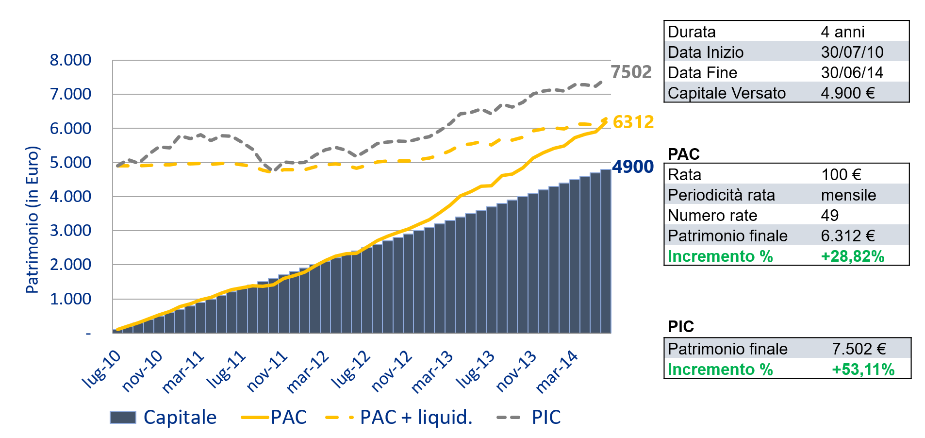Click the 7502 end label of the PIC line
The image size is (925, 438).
coord(631,72)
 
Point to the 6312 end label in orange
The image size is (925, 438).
coord(633,122)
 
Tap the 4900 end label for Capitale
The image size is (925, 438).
coord(633,167)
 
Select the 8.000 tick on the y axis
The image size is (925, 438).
coord(70,60)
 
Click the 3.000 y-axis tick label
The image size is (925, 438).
coord(70,231)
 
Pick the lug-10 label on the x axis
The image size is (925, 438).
coord(101,369)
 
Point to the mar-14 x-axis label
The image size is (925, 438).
coord(557,371)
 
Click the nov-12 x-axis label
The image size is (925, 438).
coord(391,371)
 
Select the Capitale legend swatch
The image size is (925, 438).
coord(123,417)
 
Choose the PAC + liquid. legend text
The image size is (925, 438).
coord(416,417)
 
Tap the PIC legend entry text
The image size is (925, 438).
coord(546,417)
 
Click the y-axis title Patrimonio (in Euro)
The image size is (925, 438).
coord(32,219)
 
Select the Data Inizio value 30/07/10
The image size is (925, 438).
coord(852,52)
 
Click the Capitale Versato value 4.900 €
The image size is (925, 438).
coord(847,93)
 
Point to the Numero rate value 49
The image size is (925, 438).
coord(829,215)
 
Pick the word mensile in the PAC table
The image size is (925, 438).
coord(848,195)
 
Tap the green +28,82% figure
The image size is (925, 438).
coord(852,256)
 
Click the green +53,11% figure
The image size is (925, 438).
coord(863,369)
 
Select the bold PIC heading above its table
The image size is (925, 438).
coord(680,326)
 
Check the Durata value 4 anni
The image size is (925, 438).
coord(842,32)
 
